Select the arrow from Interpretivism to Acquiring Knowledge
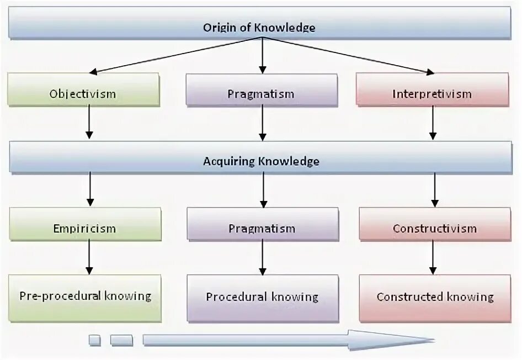click(433, 123)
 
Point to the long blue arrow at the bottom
click(287, 340)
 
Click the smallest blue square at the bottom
click(94, 340)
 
